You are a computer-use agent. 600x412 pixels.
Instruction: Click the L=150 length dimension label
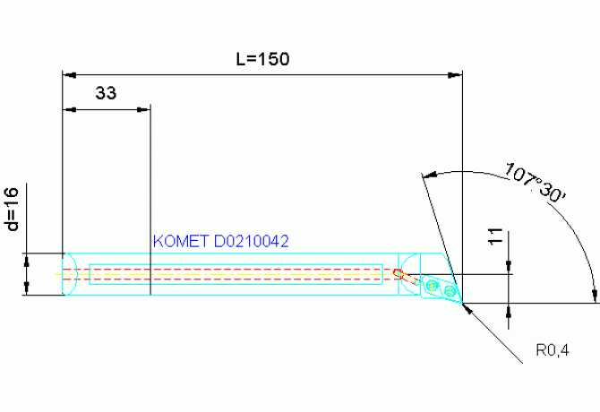coord(262,59)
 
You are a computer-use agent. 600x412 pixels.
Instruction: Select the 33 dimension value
coord(106,93)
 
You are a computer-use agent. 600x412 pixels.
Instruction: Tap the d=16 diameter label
coord(13,209)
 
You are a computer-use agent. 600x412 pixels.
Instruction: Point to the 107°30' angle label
coord(535,183)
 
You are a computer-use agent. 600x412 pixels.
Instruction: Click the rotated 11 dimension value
coord(495,236)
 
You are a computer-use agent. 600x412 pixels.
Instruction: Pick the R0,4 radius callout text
coord(553,350)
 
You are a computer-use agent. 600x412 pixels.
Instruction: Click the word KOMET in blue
coord(181,242)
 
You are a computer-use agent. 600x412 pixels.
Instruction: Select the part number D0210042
coord(251,242)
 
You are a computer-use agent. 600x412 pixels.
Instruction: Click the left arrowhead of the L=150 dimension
coord(69,75)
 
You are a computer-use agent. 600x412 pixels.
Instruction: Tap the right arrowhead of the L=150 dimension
coord(455,75)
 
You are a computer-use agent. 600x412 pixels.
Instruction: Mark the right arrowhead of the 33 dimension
coord(143,110)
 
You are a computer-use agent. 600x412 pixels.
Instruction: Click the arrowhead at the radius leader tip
coord(467,308)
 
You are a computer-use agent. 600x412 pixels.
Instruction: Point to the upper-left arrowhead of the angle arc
coord(429,176)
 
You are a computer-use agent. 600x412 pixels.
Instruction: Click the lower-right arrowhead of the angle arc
coord(595,296)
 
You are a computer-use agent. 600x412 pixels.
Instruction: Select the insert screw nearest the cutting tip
coord(450,291)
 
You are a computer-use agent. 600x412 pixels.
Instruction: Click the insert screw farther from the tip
coord(433,284)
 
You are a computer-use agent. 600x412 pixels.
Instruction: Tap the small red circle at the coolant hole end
coord(398,272)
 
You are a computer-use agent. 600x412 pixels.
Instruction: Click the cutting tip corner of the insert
coord(462,302)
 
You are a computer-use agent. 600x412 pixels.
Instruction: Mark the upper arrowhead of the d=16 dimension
coord(26,260)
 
